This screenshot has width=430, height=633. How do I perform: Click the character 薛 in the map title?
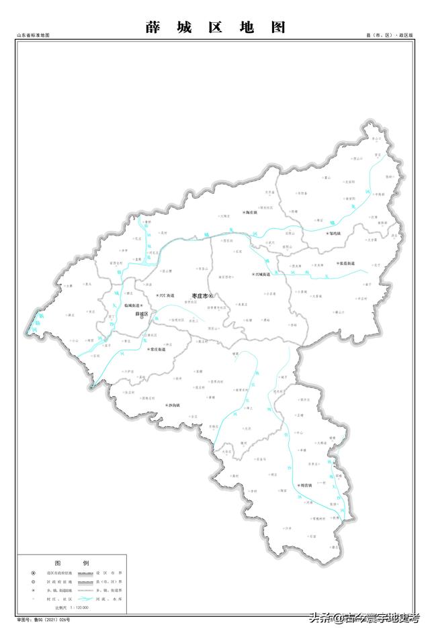pyautogui.click(x=152, y=28)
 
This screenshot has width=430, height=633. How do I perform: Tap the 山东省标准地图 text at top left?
pyautogui.click(x=33, y=35)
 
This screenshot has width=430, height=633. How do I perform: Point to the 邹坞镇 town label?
pyautogui.click(x=334, y=234)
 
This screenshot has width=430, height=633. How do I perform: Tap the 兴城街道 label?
pyautogui.click(x=262, y=275)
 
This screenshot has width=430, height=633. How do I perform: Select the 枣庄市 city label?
pyautogui.click(x=201, y=296)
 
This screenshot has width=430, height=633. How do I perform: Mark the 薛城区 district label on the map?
pyautogui.click(x=141, y=313)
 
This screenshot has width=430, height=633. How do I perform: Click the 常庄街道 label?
pyautogui.click(x=158, y=350)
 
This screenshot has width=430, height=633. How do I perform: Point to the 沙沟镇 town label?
pyautogui.click(x=173, y=406)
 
